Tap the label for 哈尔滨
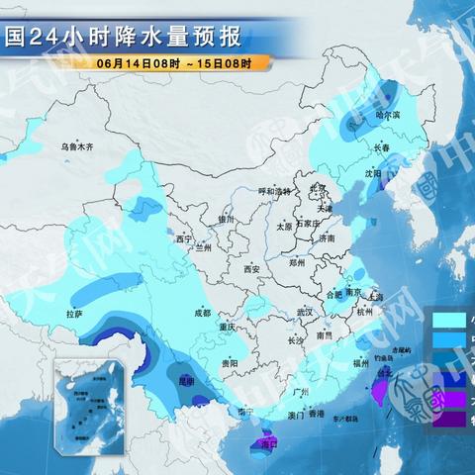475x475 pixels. coord(389,116)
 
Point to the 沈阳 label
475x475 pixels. coord(371,172)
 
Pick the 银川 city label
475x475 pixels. coord(229,219)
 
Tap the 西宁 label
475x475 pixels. coord(184,238)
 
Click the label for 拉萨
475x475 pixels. coord(74,314)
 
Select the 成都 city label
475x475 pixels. coord(202,312)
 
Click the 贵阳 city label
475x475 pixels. coord(230,363)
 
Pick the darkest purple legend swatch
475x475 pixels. coord(449,419)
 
